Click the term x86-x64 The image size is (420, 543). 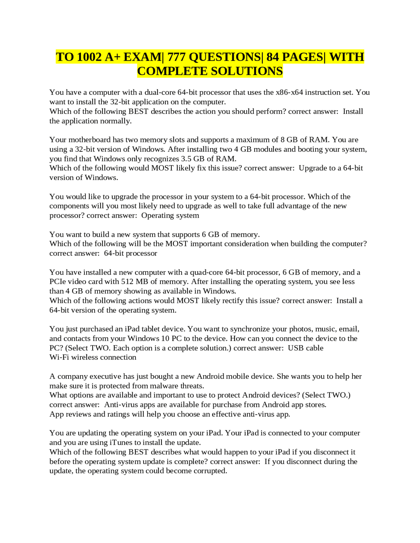tap(289, 92)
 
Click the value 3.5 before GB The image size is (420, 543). tap(186, 159)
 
